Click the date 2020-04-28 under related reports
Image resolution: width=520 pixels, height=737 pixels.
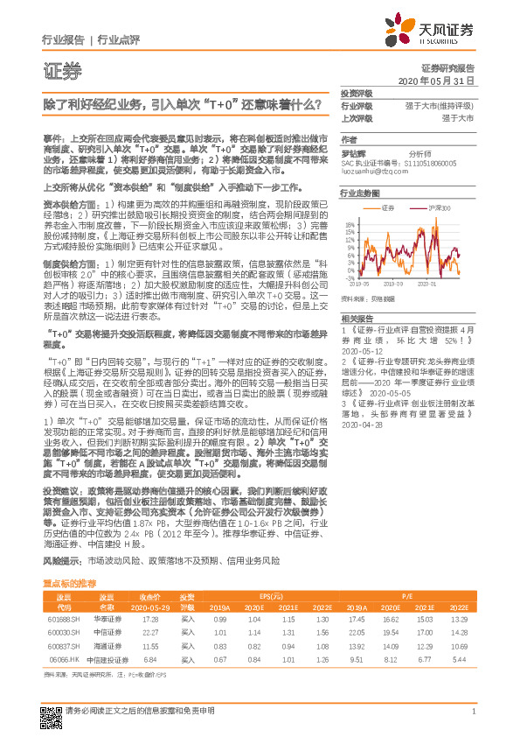359,425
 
